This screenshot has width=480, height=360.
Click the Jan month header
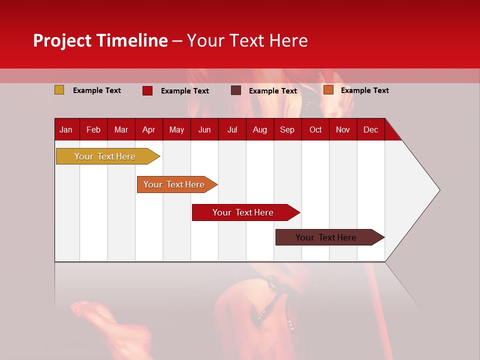66,130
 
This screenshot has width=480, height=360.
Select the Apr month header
148,130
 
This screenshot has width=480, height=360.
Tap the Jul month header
232,130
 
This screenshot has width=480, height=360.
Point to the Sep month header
287,130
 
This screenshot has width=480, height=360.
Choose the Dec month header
370,130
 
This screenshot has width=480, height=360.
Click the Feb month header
93,130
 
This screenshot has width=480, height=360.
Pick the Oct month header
315,130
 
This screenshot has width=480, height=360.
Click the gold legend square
59,90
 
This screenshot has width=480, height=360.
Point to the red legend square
147,90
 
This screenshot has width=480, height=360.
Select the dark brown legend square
236,90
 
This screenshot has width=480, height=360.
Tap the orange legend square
328,90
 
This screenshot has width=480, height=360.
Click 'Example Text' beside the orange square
364,90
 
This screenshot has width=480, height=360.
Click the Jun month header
204,130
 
